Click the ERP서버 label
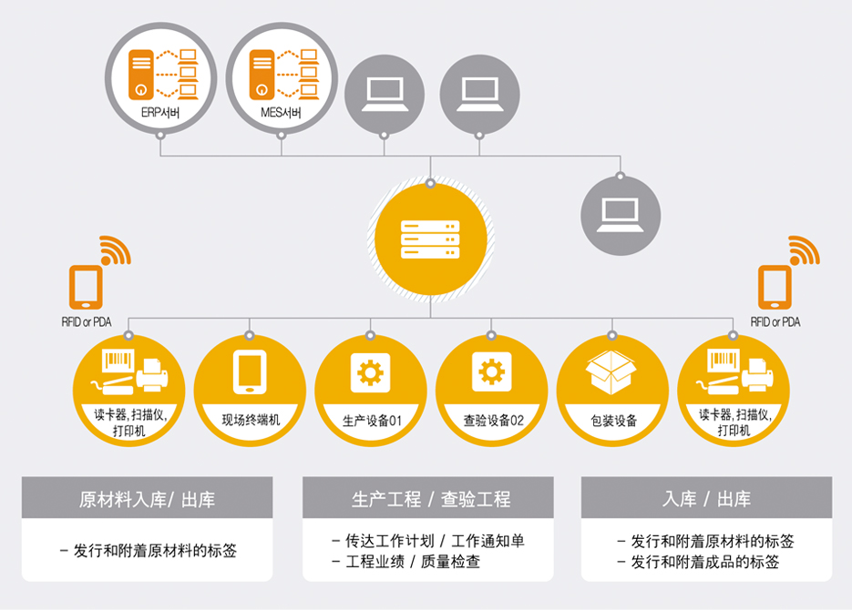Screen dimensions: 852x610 tap(160, 112)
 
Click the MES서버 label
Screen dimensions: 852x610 tap(281, 112)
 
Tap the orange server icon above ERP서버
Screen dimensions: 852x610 tap(140, 75)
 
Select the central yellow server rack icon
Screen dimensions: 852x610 tap(430, 239)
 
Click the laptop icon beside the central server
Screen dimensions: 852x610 tap(621, 216)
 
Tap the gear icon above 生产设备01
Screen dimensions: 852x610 tap(371, 372)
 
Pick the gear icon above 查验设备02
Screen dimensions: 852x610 tap(492, 371)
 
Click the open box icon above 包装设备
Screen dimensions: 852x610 tap(611, 371)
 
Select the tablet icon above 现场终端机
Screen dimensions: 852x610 tap(250, 371)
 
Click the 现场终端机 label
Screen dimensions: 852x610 tap(251, 420)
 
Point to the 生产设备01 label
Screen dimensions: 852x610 tap(372, 421)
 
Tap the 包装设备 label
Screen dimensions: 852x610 tap(613, 421)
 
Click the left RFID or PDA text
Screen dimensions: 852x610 tap(87, 321)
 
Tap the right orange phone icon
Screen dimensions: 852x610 tap(775, 287)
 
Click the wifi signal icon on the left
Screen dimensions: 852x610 tap(115, 250)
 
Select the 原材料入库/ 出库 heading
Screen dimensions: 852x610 tap(147, 499)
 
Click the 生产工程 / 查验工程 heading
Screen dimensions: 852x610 tap(431, 499)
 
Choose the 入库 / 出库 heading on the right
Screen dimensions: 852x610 tap(706, 499)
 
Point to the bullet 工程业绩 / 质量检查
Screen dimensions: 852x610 tap(406, 561)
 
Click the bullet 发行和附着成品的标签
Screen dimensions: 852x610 tap(698, 562)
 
